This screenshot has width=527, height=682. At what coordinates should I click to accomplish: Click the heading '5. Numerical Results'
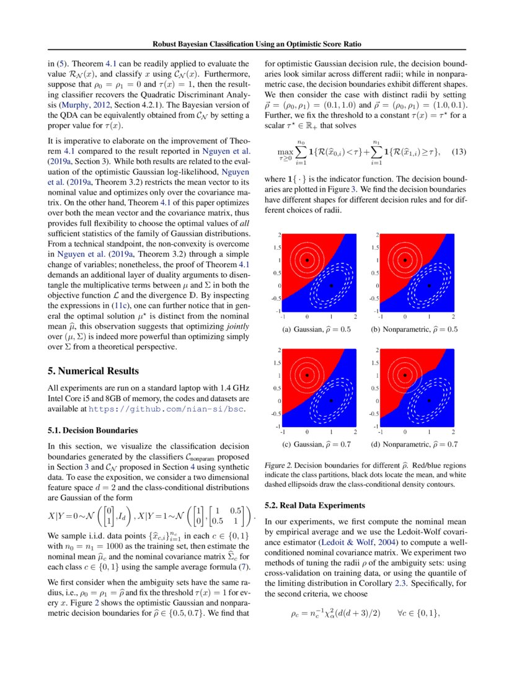(93, 371)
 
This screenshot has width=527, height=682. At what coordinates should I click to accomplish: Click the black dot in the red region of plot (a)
(307, 260)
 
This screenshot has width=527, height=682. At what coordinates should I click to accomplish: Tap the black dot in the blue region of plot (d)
(429, 401)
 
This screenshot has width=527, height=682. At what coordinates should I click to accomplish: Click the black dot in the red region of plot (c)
(307, 375)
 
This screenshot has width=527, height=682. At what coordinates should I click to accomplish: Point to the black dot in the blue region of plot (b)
(429, 286)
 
